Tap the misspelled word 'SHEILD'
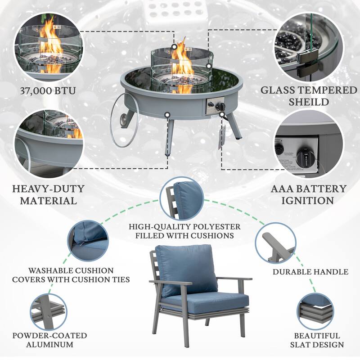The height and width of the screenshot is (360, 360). [x=309, y=102]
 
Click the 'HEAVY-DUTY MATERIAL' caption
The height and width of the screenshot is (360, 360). [x=48, y=194]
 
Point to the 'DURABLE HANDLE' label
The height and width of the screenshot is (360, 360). [x=310, y=272]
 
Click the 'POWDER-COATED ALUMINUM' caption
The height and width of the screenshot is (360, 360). [x=49, y=340]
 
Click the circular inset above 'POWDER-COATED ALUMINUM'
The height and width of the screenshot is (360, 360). [x=48, y=310]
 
